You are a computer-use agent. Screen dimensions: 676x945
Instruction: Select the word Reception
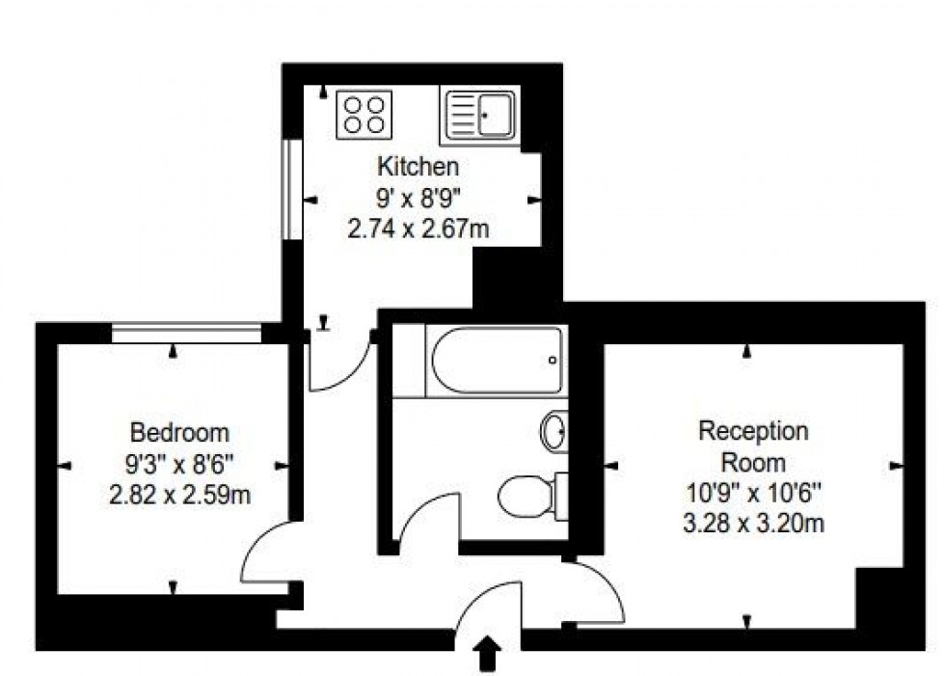click(x=753, y=430)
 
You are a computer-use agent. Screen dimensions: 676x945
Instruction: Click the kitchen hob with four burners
click(x=364, y=113)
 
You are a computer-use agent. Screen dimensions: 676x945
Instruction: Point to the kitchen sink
click(x=480, y=115)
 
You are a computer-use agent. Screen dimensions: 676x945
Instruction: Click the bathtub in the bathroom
click(x=496, y=361)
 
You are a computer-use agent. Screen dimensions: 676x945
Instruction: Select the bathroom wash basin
click(x=555, y=431)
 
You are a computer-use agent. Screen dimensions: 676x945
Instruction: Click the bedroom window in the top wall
click(x=186, y=334)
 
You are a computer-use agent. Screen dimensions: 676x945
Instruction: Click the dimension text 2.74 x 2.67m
click(x=418, y=230)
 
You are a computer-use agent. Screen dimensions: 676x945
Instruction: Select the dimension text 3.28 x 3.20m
click(x=753, y=524)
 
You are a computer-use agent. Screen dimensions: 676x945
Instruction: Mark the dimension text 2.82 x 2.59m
click(x=180, y=496)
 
